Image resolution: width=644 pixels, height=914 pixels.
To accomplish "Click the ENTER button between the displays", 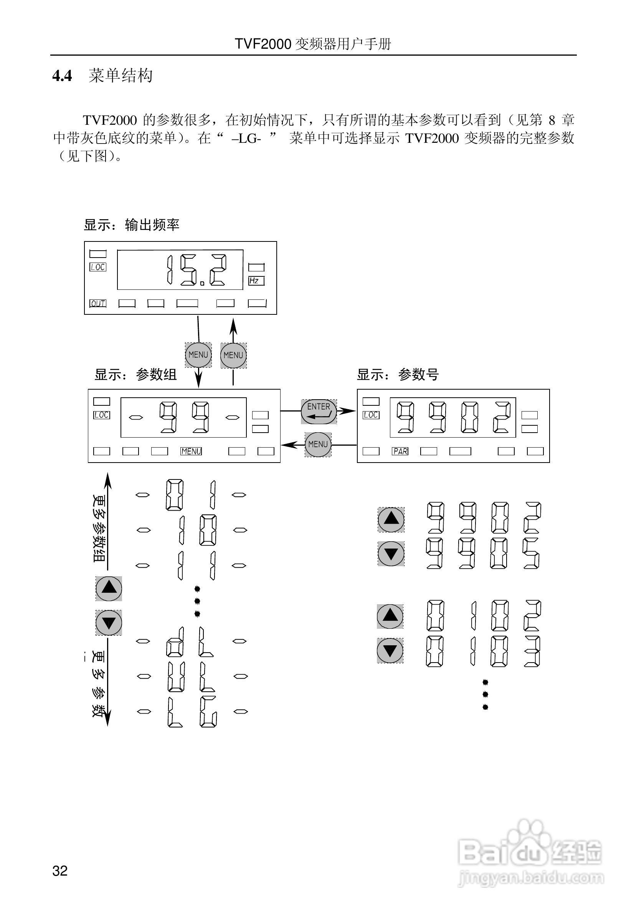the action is tap(319, 411).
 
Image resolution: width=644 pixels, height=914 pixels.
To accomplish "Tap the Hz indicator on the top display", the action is tap(256, 281).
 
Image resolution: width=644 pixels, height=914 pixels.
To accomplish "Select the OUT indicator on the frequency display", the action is tap(98, 303).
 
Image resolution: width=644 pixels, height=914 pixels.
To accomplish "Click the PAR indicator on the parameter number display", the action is tap(400, 451).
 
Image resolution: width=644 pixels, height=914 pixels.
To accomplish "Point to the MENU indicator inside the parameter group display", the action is tap(191, 451).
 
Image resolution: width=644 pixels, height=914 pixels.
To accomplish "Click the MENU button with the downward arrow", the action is tap(198, 355).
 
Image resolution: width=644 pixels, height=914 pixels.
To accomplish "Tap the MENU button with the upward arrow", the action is tap(233, 355).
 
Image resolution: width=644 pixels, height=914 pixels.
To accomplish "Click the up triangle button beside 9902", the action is tap(391, 519).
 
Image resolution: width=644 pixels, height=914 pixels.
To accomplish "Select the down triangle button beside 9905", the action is tap(391, 553).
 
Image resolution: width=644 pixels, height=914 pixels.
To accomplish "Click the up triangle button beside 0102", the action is tap(390, 616).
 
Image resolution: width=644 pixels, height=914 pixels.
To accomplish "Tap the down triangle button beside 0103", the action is tap(390, 650).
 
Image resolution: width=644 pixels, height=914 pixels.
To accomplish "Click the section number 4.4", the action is tap(62, 76).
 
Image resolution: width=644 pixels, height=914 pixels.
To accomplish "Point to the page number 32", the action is tap(60, 871).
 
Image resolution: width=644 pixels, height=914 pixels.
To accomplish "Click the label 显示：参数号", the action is tap(397, 375).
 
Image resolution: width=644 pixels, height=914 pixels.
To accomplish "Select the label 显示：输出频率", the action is tap(131, 225).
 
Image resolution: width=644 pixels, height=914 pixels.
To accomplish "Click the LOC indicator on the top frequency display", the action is tap(98, 267).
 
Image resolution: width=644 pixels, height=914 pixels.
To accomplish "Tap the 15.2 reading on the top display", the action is tap(197, 270).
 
